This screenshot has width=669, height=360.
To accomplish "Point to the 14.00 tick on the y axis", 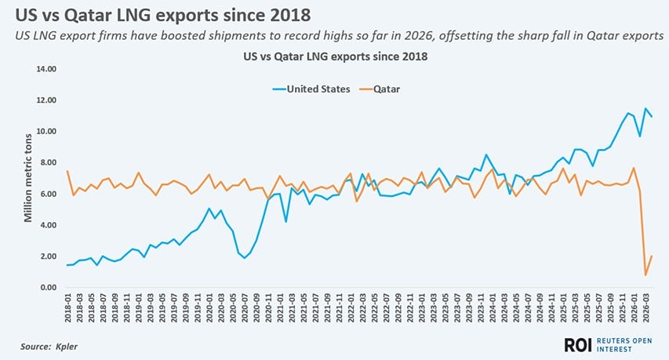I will [x=46, y=69].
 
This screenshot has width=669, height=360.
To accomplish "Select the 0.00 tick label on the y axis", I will [x=48, y=288].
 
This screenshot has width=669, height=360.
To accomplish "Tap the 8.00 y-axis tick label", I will [x=48, y=162].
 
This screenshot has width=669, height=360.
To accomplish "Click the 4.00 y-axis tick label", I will [x=48, y=225].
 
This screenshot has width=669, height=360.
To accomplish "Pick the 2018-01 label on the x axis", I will [x=68, y=310].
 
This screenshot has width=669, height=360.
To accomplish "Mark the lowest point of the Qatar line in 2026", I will [x=645, y=275].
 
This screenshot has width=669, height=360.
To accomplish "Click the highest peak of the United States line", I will [x=645, y=108].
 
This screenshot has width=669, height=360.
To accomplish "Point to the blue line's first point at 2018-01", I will [x=68, y=265].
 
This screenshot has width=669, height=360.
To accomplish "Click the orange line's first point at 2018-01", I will [x=68, y=171].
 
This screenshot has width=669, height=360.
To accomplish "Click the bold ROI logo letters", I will [x=578, y=344].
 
